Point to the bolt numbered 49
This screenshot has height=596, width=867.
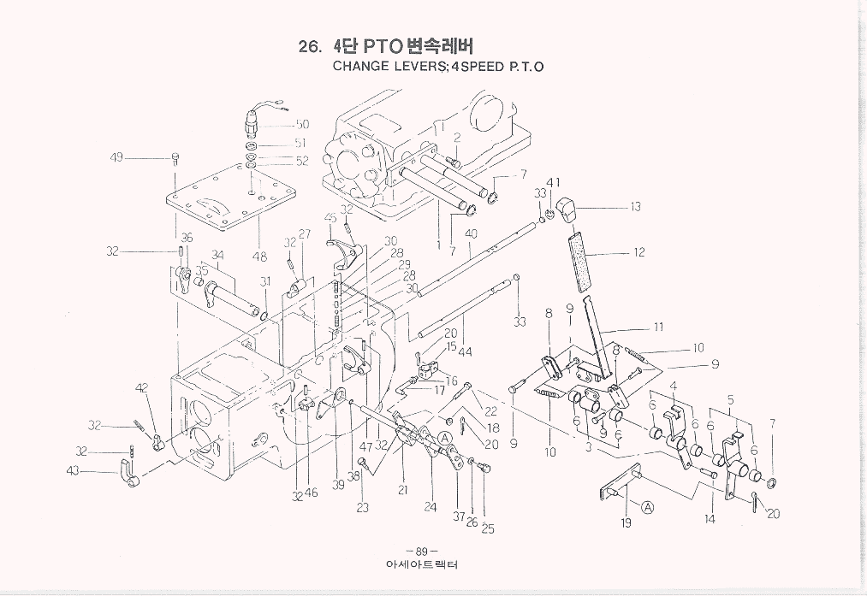coord(175,158)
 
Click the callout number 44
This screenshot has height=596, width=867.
coord(465,351)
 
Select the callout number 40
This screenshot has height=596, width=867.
coord(470,233)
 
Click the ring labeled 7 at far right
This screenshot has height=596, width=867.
coord(773,484)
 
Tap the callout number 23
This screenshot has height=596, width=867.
coord(363,506)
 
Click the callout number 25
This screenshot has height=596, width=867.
coord(488,529)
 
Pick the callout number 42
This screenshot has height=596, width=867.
coord(141,388)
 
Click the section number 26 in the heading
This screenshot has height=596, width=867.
coord(309,46)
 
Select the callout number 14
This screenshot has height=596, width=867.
coord(710,518)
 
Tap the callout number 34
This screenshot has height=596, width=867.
coord(217,254)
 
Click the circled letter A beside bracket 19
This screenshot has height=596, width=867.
coord(648,506)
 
